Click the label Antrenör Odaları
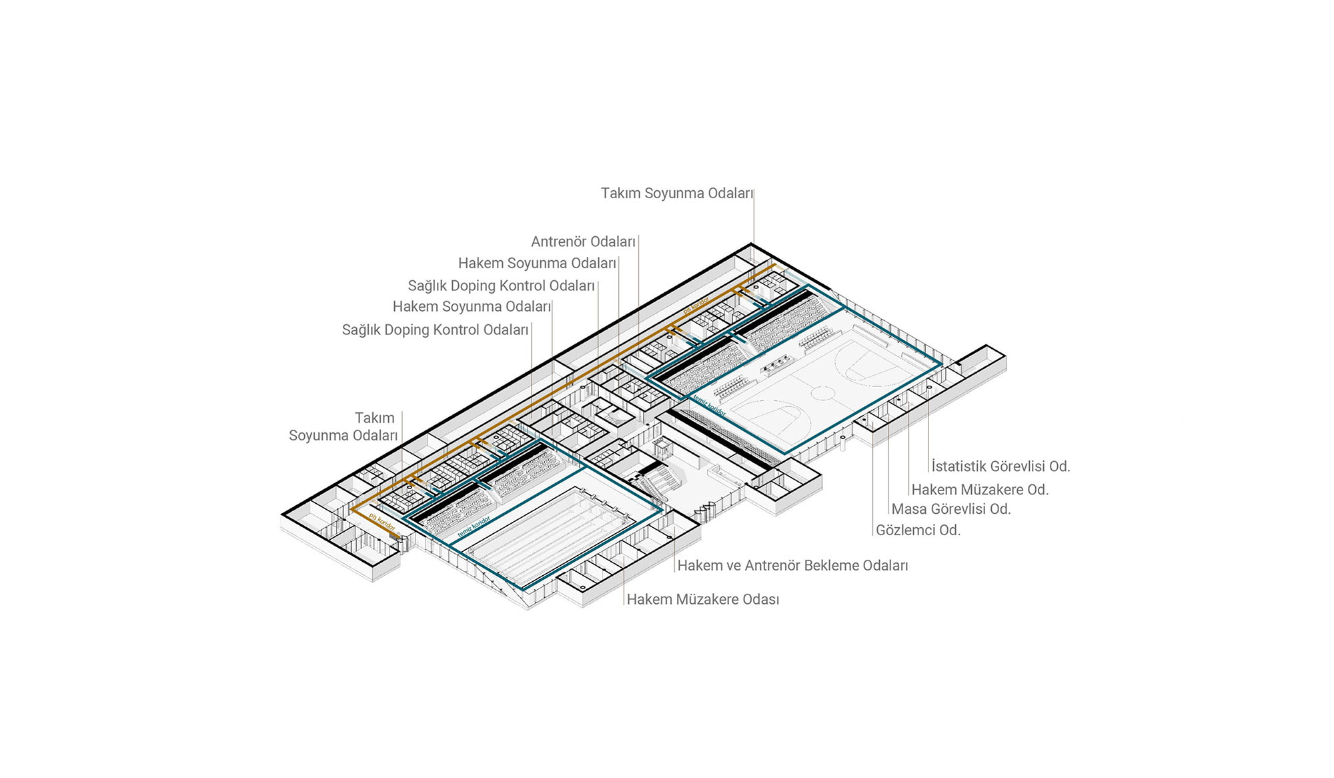583,242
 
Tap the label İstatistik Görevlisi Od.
1000,466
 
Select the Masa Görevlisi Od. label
951,509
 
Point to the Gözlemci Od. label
918,530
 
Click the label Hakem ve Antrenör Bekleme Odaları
792,566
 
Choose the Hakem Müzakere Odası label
703,599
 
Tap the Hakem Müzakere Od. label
980,490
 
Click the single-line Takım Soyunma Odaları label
676,193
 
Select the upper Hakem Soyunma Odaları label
537,264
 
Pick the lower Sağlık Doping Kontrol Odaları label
435,330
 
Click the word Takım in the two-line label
374,418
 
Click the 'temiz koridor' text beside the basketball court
708,405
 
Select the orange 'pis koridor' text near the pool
382,522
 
